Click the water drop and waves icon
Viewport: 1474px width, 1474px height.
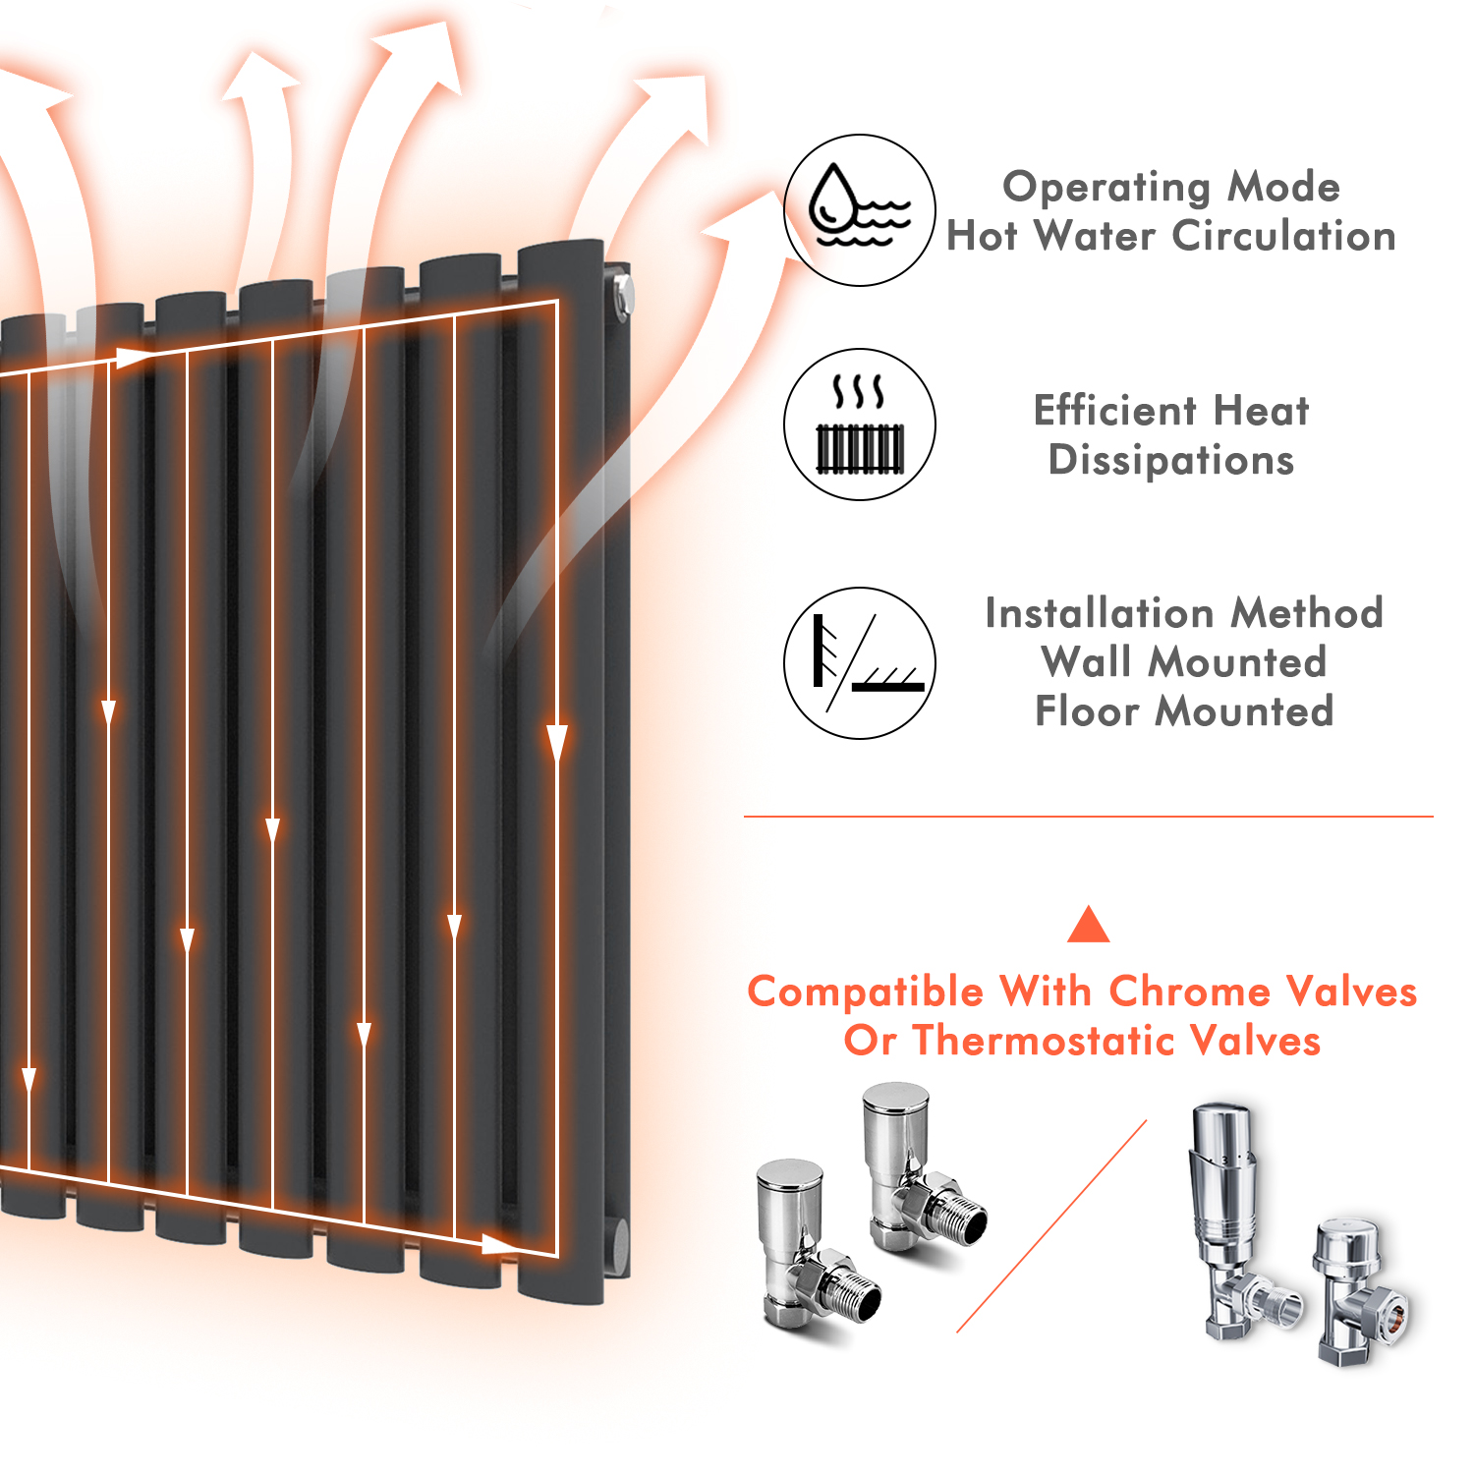859,210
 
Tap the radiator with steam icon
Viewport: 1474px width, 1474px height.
859,425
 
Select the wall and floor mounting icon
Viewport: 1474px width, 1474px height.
859,663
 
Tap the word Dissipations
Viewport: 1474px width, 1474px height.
1171,460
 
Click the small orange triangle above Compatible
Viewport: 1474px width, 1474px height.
1088,926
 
